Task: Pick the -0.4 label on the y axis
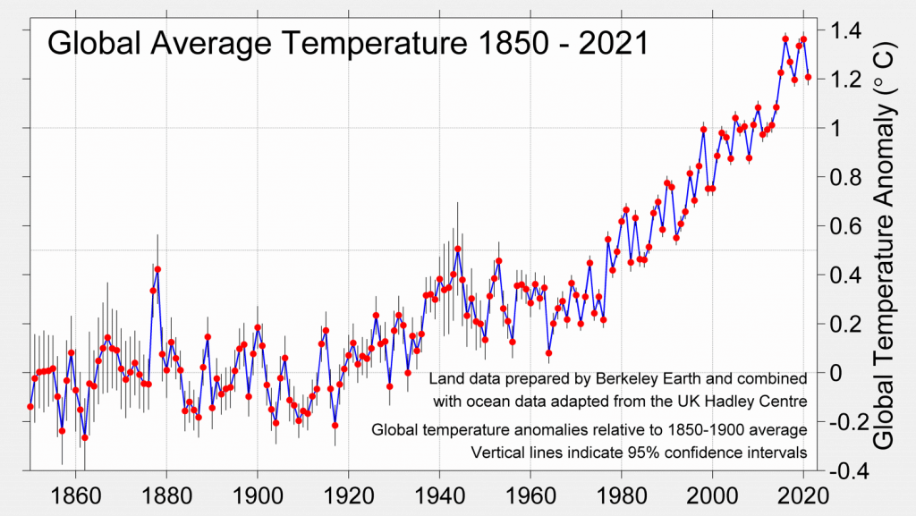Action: click(x=847, y=469)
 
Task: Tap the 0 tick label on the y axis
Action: click(x=840, y=372)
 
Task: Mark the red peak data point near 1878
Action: click(x=157, y=269)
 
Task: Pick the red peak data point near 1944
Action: click(x=457, y=249)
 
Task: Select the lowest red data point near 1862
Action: click(x=85, y=437)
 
